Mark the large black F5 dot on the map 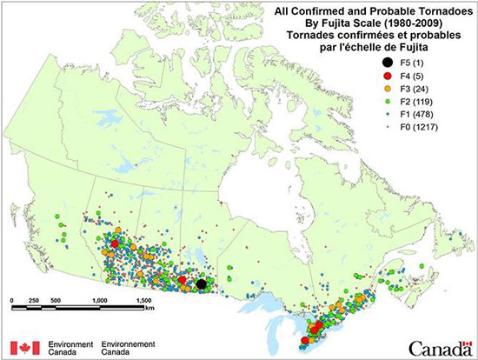[202, 283]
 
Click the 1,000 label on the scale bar [99, 299]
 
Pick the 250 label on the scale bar [35, 299]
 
